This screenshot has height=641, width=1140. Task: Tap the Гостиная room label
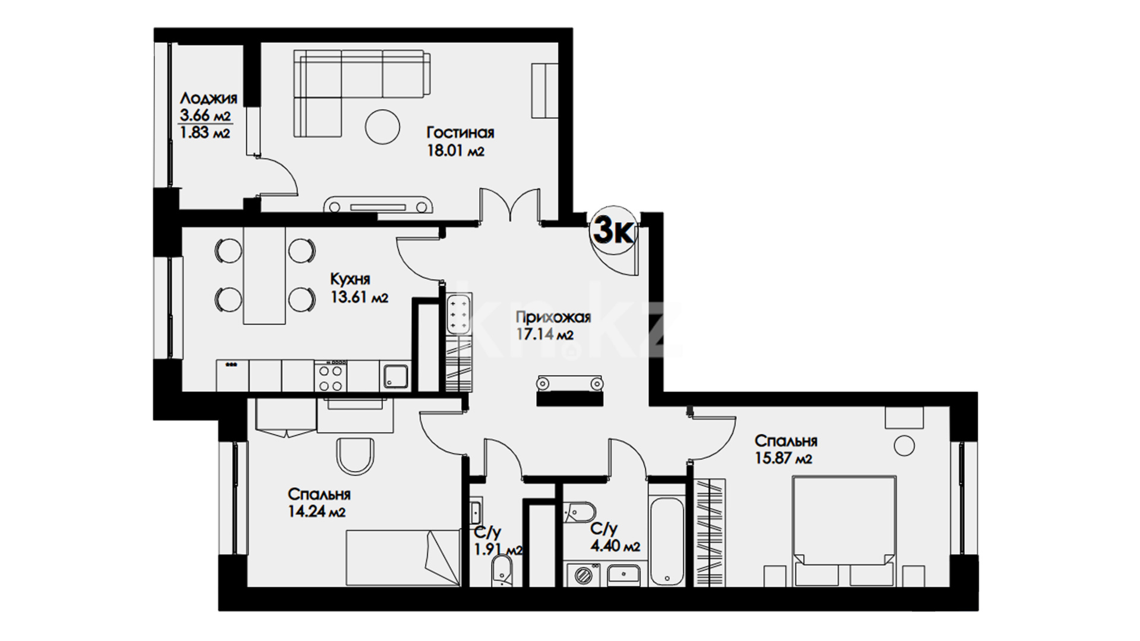[x=460, y=132]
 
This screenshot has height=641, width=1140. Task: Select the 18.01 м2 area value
[x=455, y=151]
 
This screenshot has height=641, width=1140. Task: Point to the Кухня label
[x=350, y=279]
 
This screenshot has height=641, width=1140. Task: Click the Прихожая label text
[x=553, y=318]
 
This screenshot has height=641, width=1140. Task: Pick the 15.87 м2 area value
[x=783, y=459]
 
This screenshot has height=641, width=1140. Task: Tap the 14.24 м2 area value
[x=316, y=512]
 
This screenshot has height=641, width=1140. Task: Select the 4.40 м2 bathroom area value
[x=615, y=546]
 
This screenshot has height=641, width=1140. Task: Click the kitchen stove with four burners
[x=331, y=376]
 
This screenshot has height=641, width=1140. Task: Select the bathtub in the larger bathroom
[x=667, y=534]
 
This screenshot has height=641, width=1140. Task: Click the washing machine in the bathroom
[x=583, y=574]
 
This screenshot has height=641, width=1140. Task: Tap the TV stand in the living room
[x=378, y=205]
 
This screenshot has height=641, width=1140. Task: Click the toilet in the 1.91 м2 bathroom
[x=502, y=572]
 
